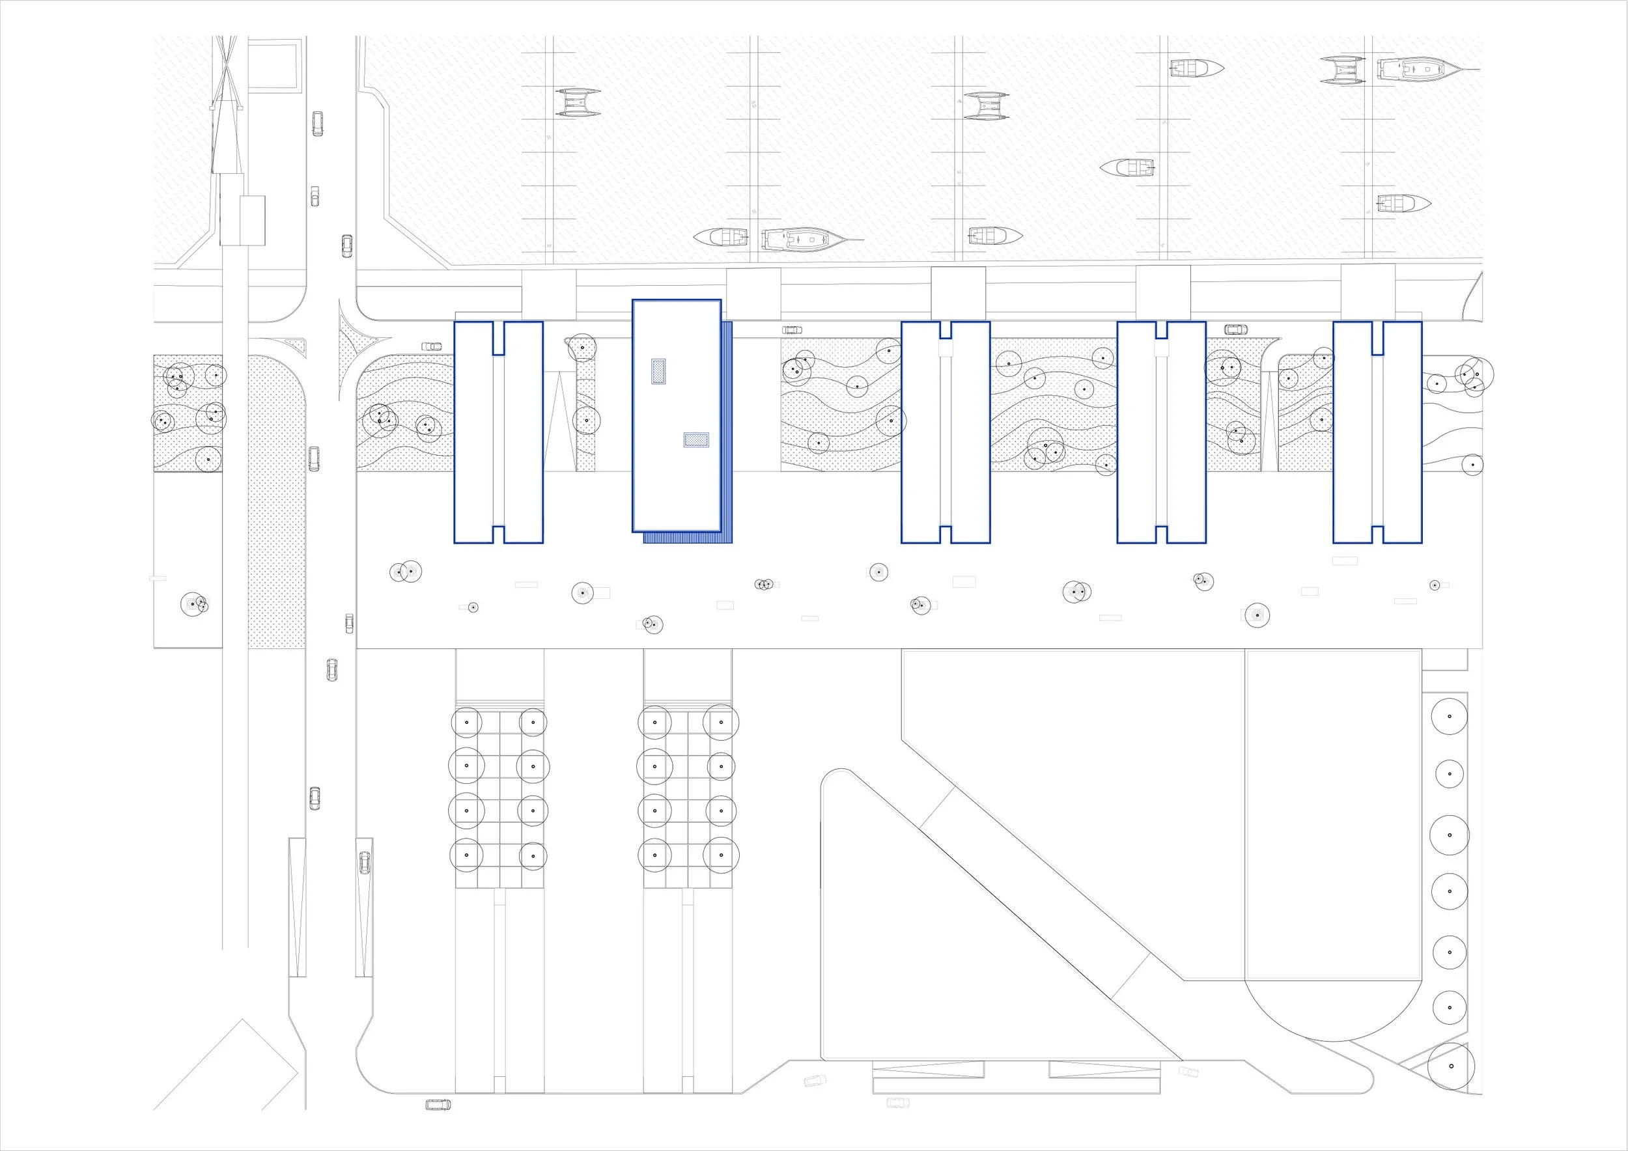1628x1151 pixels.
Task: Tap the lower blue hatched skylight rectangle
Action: click(696, 440)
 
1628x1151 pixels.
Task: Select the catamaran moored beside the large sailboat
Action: click(1342, 70)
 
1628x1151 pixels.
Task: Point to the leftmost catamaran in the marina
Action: click(578, 103)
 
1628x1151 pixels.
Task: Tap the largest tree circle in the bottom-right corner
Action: click(1451, 1086)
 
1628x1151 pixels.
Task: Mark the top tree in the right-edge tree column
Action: click(1450, 716)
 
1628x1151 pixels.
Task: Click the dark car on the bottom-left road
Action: click(438, 1105)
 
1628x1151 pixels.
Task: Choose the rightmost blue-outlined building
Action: click(1377, 432)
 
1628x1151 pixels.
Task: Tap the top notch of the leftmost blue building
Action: click(498, 337)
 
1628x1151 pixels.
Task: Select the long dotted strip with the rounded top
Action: click(277, 503)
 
